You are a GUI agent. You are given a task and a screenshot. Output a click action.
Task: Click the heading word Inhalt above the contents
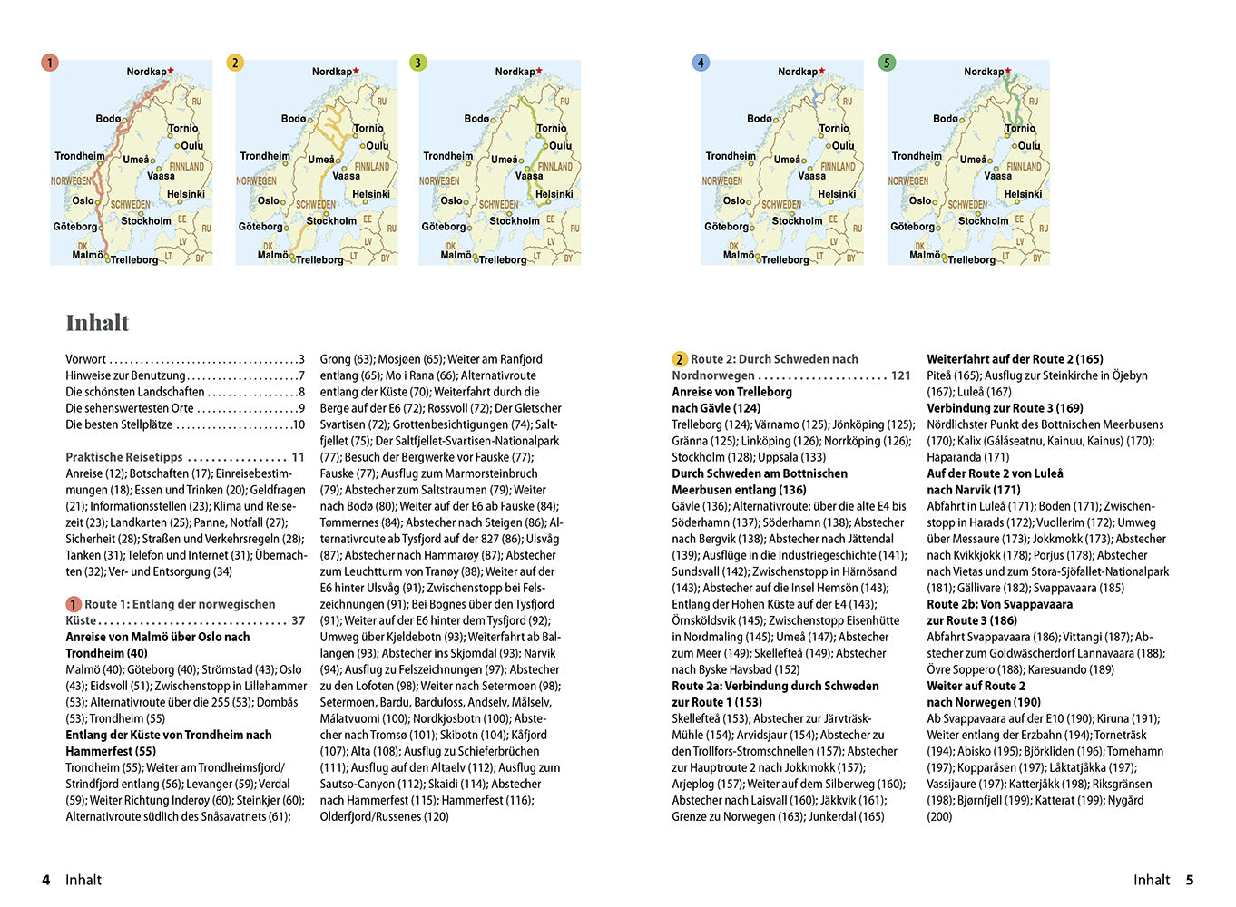(x=97, y=323)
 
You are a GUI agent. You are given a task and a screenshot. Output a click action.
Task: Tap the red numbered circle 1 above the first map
(x=50, y=63)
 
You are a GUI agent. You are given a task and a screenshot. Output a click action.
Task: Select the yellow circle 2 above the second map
(x=235, y=63)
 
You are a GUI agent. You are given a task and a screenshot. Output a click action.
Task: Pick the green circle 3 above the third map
(x=417, y=63)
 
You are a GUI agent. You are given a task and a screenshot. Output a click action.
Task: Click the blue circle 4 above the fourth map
(x=701, y=63)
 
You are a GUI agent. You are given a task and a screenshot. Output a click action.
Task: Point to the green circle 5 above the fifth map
(x=887, y=63)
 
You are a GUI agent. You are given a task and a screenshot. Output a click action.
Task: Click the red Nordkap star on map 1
(x=171, y=70)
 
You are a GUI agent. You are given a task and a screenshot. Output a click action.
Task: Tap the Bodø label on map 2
(x=293, y=119)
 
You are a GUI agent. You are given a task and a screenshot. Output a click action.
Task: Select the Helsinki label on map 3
(x=554, y=194)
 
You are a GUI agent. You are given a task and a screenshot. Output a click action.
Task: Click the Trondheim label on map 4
(x=731, y=156)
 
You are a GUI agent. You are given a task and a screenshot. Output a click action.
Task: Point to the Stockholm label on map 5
(x=983, y=220)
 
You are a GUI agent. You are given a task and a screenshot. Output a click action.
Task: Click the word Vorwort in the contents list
(x=85, y=359)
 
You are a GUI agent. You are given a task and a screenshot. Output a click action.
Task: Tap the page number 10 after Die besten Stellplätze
(x=299, y=424)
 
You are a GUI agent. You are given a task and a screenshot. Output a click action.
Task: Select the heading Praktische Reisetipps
(x=124, y=457)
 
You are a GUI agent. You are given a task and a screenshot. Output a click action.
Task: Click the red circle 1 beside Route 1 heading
(x=74, y=604)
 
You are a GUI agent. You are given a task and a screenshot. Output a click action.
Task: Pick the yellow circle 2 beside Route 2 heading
(x=679, y=359)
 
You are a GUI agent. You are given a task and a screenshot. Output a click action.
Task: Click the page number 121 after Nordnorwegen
(x=900, y=375)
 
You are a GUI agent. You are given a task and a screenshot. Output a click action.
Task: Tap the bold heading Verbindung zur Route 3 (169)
(x=1005, y=408)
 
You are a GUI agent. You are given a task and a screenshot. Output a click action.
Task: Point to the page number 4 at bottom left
(x=46, y=880)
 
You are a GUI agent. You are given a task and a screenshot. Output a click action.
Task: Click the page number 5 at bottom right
(x=1190, y=880)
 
